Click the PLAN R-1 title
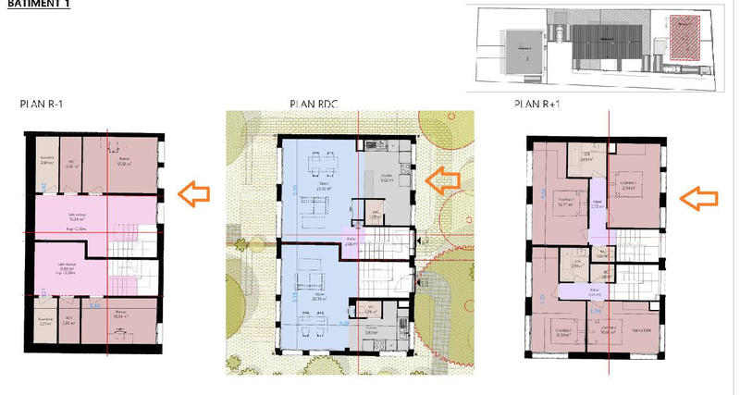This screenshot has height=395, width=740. pyautogui.click(x=42, y=104)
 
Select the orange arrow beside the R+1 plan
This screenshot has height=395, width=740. pyautogui.click(x=700, y=196)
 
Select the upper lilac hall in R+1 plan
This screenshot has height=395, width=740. pyautogui.click(x=598, y=205)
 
